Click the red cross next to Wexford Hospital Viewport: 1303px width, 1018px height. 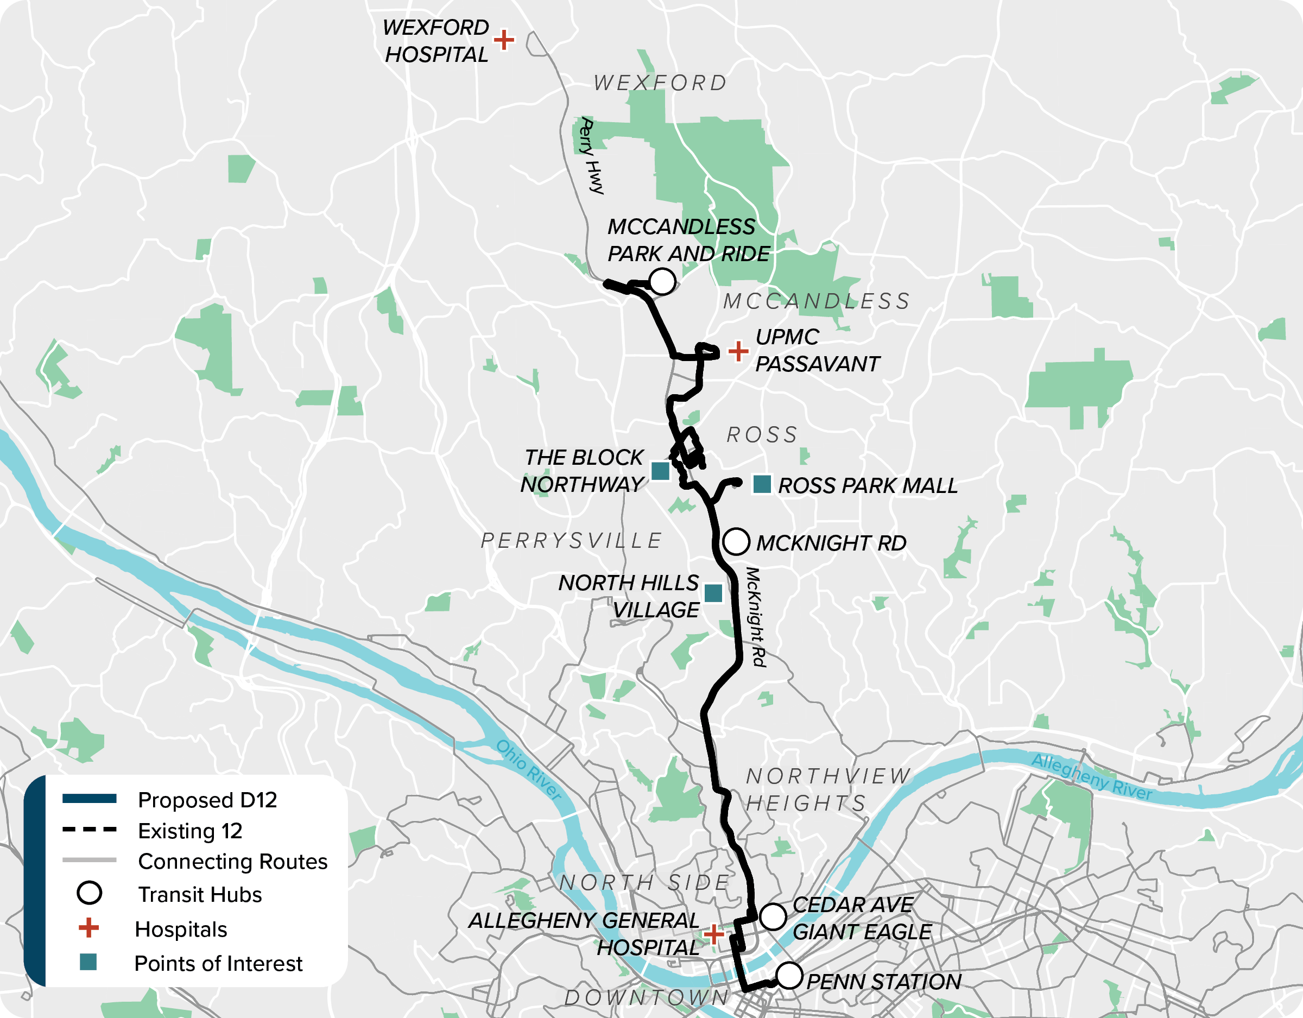coord(504,40)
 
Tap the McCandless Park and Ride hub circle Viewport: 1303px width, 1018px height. coord(662,281)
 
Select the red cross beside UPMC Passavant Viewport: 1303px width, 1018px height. coord(738,351)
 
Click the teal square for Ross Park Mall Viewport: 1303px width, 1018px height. coord(762,484)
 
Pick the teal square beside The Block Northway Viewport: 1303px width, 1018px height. coord(660,471)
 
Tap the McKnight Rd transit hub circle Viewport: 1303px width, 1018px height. coord(736,541)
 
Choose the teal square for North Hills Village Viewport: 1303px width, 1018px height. coord(713,593)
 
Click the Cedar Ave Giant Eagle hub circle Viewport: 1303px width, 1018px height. coord(773,916)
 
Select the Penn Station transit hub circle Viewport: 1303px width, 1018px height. coord(789,976)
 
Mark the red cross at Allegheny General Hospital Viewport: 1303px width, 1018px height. coord(713,934)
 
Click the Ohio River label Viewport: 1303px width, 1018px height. coord(529,770)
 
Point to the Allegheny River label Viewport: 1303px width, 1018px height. coord(1091,776)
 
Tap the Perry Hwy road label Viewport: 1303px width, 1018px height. coord(591,156)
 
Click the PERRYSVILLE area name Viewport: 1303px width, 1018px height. coord(572,541)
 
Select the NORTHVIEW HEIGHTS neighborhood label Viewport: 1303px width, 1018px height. coord(828,789)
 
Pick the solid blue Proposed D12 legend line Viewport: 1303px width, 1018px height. coord(90,799)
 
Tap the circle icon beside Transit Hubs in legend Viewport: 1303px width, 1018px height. coord(90,893)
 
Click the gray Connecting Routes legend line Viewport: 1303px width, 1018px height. coord(90,860)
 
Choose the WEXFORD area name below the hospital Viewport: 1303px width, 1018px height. coord(660,83)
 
